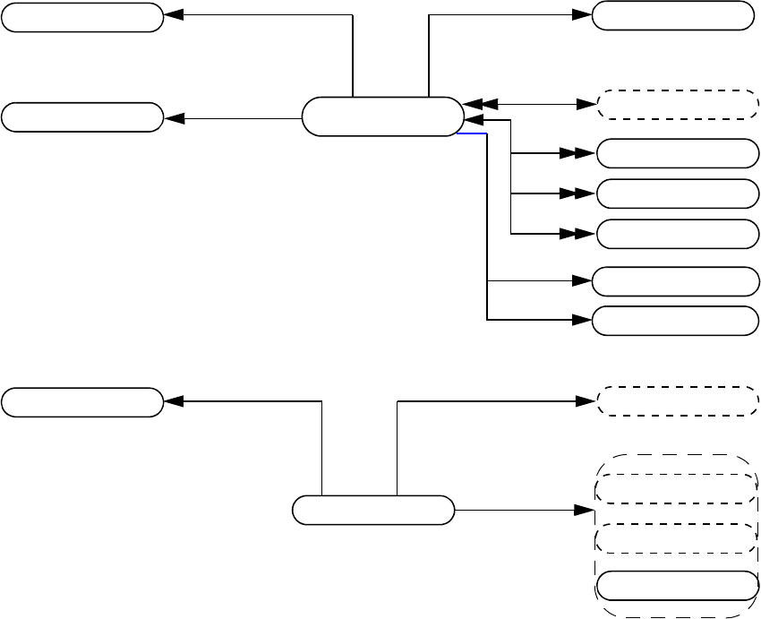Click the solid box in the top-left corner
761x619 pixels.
tap(82, 17)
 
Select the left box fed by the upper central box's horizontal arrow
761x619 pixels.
tap(82, 117)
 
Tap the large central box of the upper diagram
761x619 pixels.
tap(382, 116)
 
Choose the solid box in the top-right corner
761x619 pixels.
tap(671, 15)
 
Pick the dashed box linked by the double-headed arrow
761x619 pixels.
tap(677, 105)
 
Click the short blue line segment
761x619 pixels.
tap(472, 133)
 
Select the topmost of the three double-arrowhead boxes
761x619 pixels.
tap(677, 153)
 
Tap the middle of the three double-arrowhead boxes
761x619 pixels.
tap(677, 193)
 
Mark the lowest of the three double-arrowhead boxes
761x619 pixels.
tap(677, 233)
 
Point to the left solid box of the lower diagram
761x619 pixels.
tap(82, 402)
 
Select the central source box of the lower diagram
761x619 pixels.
tap(373, 510)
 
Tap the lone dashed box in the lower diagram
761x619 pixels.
tap(677, 401)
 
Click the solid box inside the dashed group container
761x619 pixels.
tap(677, 586)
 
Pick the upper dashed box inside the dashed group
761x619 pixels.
tap(677, 489)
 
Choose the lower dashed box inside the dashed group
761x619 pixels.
tap(677, 537)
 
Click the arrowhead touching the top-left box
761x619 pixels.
tap(173, 15)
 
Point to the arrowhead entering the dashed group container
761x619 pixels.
tap(586, 510)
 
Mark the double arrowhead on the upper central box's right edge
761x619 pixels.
tap(473, 105)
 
